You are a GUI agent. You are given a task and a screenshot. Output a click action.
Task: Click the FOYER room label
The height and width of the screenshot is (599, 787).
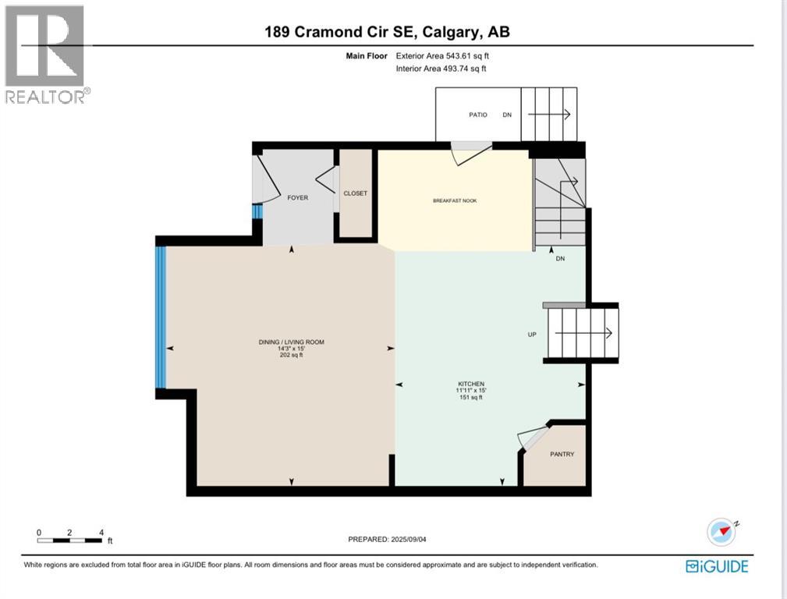(x=298, y=198)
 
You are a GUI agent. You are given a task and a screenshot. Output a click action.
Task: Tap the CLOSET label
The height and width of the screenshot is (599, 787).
(x=356, y=193)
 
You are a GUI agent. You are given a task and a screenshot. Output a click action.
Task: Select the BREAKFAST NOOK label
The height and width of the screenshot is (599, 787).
(x=455, y=201)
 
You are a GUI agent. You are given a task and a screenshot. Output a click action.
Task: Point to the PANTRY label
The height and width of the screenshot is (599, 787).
(x=562, y=454)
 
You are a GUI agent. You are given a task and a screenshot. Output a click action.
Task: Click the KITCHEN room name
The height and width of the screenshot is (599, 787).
(x=471, y=384)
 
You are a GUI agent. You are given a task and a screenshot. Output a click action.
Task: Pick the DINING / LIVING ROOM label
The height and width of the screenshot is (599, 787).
(x=292, y=342)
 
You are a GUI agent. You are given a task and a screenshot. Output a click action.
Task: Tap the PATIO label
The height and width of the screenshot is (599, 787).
(x=478, y=115)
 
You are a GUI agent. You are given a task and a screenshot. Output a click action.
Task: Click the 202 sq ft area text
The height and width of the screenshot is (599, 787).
(x=292, y=355)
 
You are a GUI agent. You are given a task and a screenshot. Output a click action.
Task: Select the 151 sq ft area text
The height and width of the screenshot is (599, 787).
(x=471, y=397)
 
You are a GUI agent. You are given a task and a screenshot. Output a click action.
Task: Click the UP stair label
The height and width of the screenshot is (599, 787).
(x=532, y=335)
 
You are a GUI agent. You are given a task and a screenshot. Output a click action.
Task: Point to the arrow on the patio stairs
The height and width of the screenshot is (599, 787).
(x=549, y=115)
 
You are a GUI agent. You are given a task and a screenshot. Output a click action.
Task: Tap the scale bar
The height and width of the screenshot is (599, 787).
(x=69, y=541)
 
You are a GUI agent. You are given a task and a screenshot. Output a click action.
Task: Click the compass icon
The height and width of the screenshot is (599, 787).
(x=721, y=532)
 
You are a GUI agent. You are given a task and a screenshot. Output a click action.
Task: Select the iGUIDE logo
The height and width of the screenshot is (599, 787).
(x=717, y=566)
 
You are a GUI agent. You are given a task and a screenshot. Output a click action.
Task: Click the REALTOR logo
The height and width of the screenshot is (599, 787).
(x=47, y=55)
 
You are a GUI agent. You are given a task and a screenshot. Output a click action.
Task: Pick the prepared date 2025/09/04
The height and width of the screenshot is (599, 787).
(x=409, y=539)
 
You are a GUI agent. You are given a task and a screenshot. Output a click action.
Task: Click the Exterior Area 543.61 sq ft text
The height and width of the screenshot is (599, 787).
(x=442, y=55)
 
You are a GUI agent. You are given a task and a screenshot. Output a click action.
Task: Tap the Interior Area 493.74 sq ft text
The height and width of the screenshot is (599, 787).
(x=441, y=69)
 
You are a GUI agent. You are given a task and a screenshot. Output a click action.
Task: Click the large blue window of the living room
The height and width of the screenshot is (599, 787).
(x=161, y=317)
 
